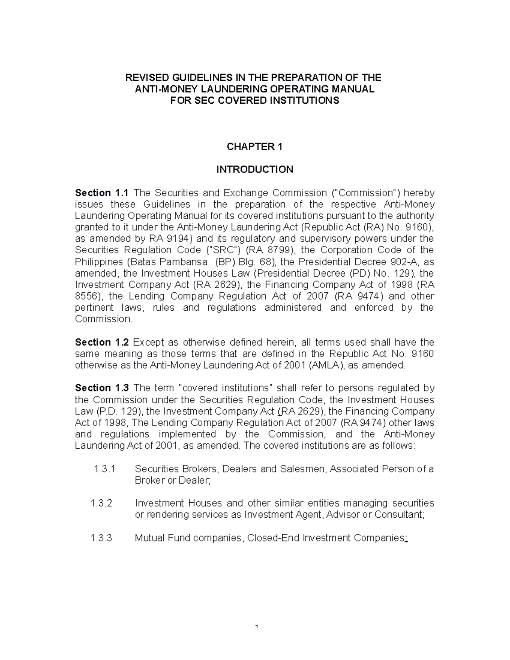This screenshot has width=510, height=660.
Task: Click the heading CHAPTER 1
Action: coord(255,147)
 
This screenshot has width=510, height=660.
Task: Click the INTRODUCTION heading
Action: coord(255,170)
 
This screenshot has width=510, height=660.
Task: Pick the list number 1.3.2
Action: coord(102,504)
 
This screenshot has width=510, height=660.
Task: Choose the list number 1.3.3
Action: coord(102,538)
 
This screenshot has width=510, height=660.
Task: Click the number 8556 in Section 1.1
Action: coord(87,296)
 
